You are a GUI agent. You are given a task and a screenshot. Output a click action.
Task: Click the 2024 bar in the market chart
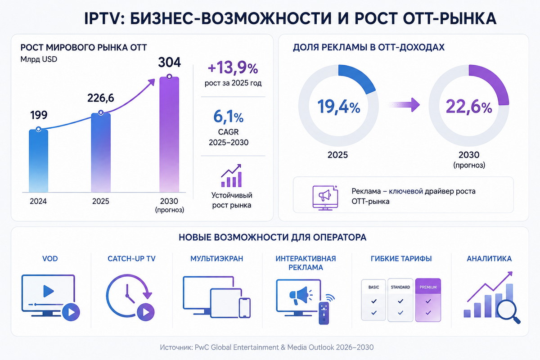[39, 161]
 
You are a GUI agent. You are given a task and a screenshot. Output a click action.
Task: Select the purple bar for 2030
[169, 135]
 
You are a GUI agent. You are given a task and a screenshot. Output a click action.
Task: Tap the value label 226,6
[100, 98]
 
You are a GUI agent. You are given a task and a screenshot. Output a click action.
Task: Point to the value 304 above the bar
[170, 62]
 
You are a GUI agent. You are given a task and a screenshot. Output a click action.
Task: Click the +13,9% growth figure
[233, 68]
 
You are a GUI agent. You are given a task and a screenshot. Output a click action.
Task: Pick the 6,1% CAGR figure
[228, 117]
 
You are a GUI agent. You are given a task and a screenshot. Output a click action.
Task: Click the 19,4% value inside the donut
[338, 107]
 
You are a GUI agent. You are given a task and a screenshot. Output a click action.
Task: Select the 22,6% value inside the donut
[469, 107]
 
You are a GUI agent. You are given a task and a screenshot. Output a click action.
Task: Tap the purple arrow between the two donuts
[404, 105]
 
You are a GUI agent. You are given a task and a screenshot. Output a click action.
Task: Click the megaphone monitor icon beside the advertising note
[325, 198]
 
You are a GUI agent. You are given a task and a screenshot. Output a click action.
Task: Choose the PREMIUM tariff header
[428, 287]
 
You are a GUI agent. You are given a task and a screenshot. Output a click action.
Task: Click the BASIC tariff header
[373, 287]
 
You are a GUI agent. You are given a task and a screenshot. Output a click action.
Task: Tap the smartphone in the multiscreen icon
[245, 308]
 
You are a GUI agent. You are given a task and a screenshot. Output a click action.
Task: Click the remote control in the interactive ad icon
[324, 313]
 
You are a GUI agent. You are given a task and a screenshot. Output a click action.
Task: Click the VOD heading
[50, 259]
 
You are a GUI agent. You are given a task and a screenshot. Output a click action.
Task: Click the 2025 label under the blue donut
[337, 155]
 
